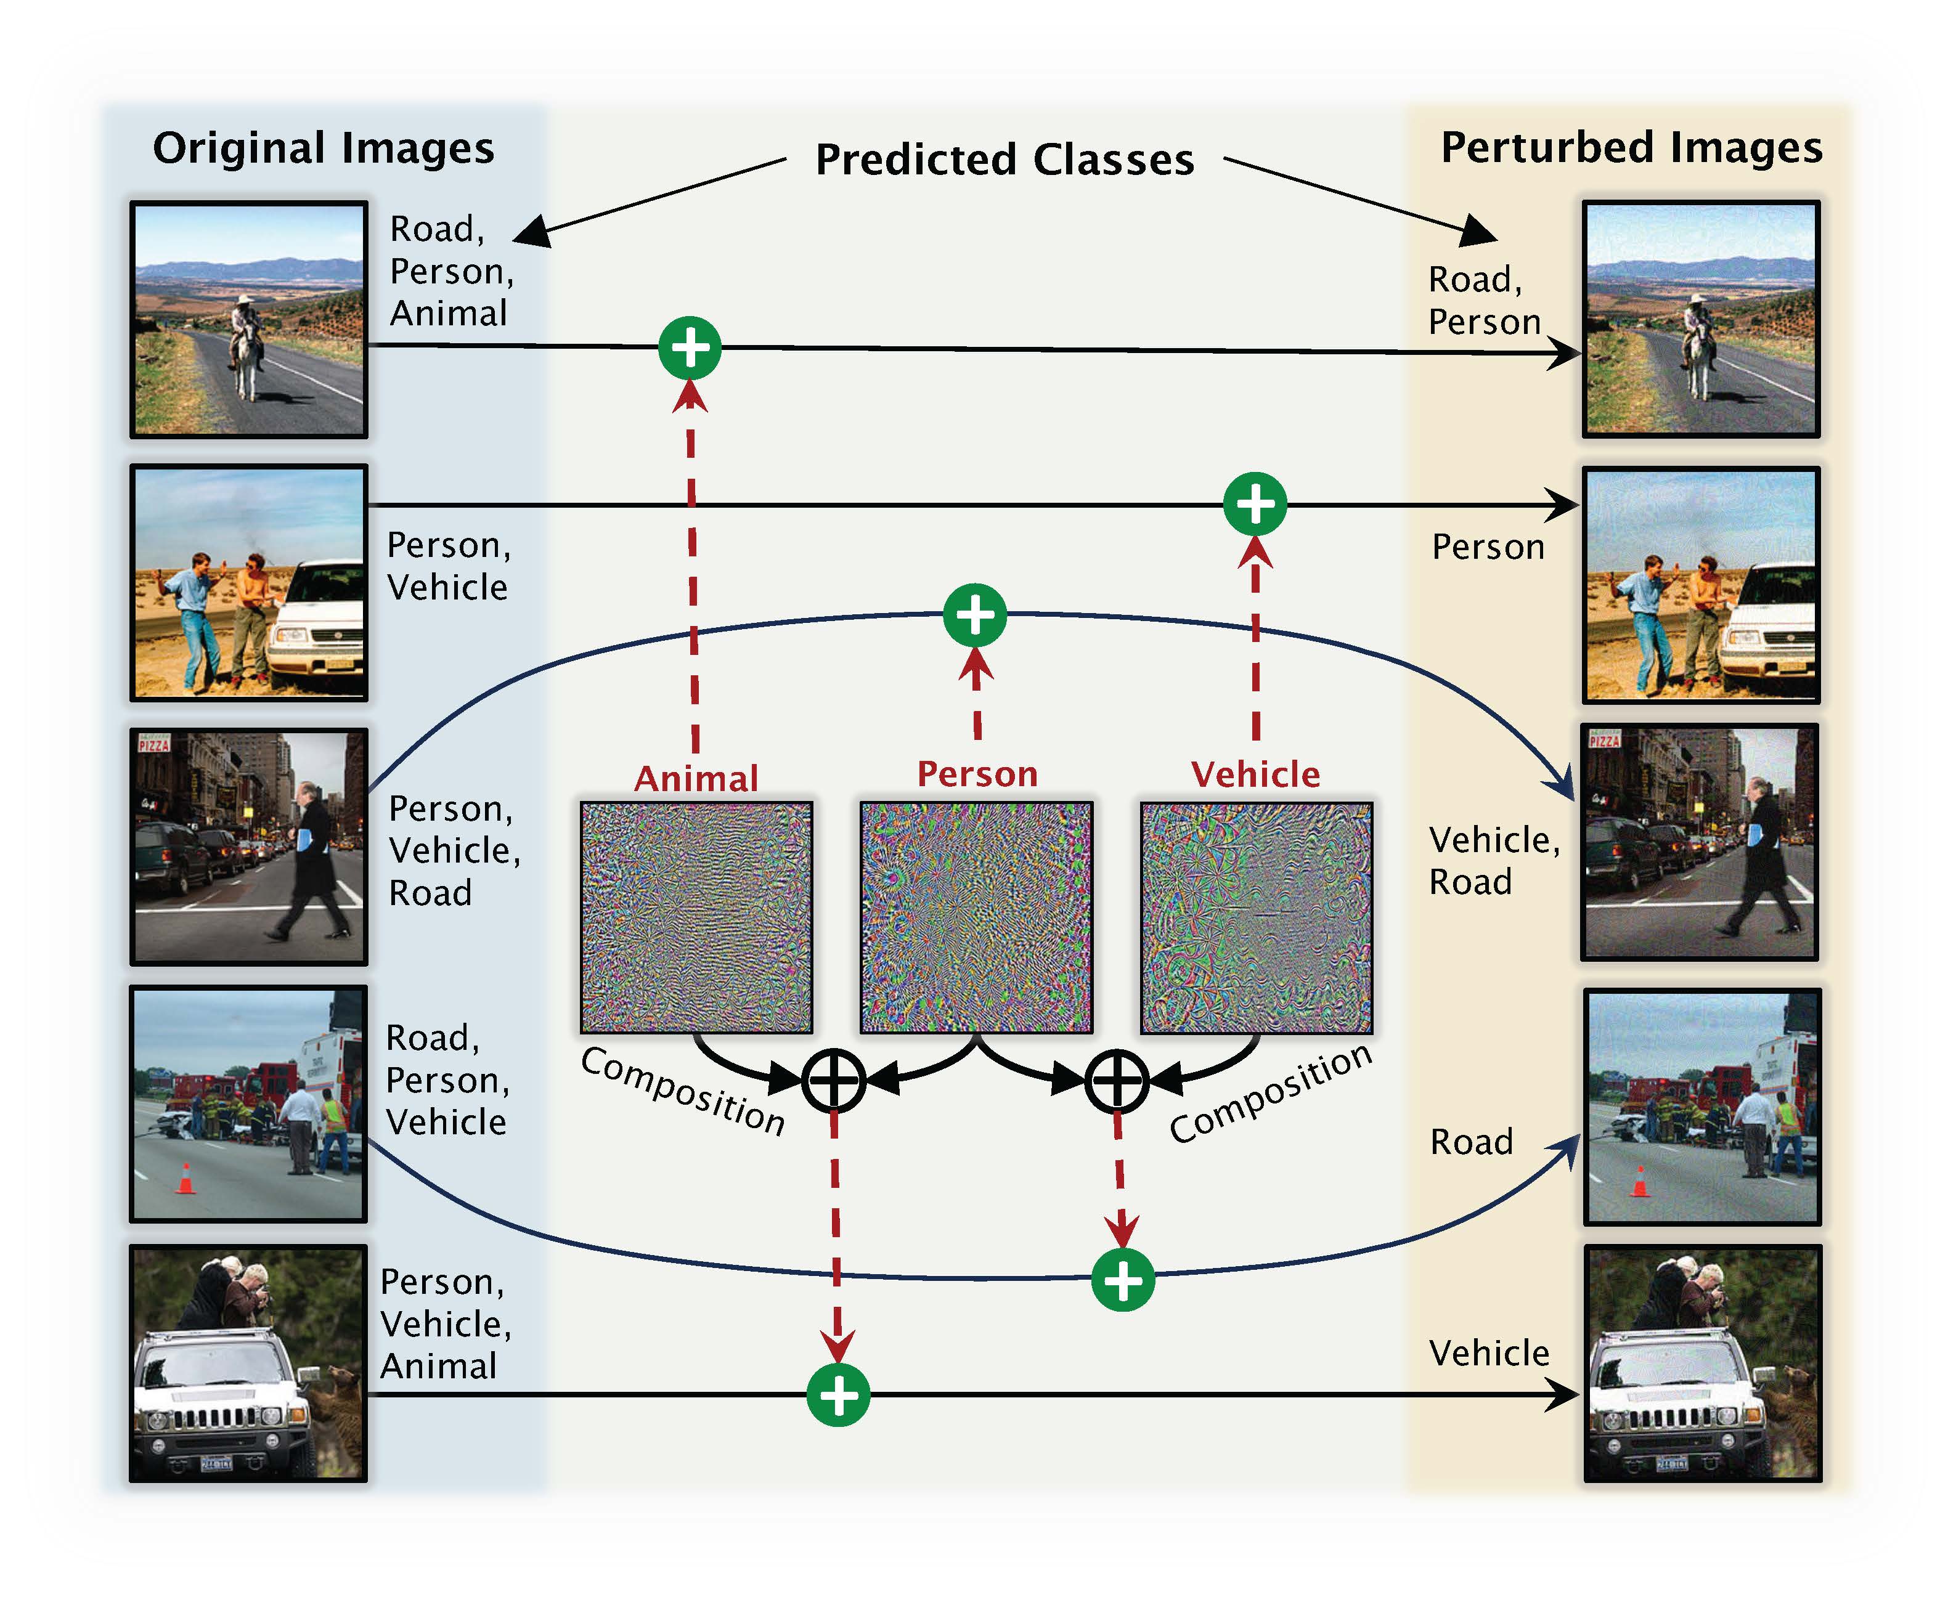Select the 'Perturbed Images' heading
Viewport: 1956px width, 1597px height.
[1630, 147]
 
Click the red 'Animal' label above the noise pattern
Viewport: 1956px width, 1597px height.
[696, 778]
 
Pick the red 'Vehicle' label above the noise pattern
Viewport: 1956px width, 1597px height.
[1255, 774]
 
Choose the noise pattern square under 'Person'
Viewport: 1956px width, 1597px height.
[976, 917]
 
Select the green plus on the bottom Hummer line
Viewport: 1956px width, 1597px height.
[837, 1395]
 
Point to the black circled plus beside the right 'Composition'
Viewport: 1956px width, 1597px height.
[1116, 1080]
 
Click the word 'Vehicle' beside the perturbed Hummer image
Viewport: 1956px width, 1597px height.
[1489, 1352]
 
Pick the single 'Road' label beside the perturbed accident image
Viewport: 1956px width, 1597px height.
[1471, 1142]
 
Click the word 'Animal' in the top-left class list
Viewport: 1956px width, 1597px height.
[448, 313]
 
